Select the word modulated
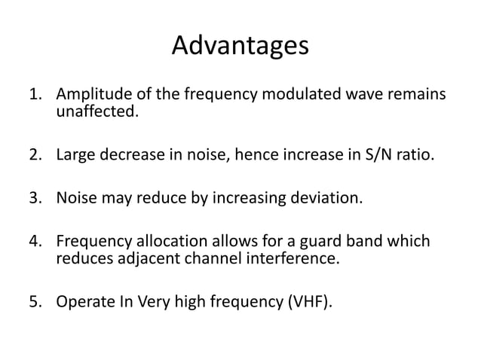point(292,96)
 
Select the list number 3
point(35,200)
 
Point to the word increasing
point(253,200)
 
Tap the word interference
point(297,258)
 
